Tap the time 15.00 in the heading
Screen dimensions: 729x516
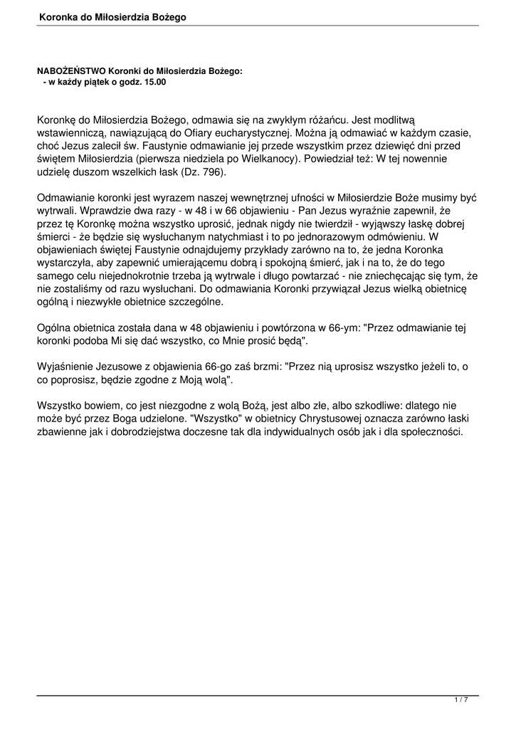click(154, 82)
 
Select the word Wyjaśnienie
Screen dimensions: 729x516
click(66, 367)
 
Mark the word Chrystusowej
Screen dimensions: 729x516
click(330, 419)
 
